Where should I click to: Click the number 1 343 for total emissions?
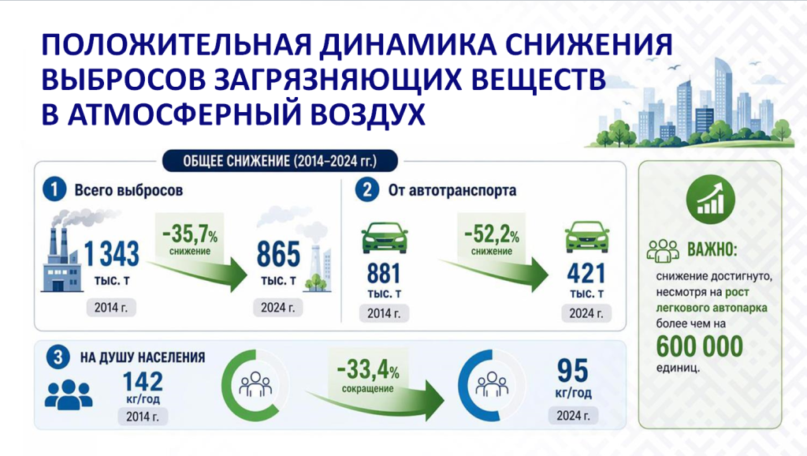pyautogui.click(x=111, y=254)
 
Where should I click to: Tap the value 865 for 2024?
pyautogui.click(x=278, y=254)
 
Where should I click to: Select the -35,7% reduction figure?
pyautogui.click(x=189, y=234)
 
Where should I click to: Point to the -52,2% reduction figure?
pyautogui.click(x=492, y=234)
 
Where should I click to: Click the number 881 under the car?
pyautogui.click(x=384, y=274)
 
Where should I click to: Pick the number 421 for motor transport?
pyautogui.click(x=586, y=274)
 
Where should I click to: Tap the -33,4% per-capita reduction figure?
pyautogui.click(x=367, y=369)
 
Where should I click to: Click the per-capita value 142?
pyautogui.click(x=143, y=382)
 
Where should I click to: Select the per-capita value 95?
pyautogui.click(x=572, y=371)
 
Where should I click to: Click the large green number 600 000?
pyautogui.click(x=700, y=346)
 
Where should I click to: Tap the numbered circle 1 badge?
pyautogui.click(x=54, y=189)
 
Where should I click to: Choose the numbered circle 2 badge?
pyautogui.click(x=367, y=189)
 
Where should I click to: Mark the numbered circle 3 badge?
pyautogui.click(x=58, y=357)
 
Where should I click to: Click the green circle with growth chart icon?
pyautogui.click(x=710, y=200)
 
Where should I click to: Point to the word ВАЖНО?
pyautogui.click(x=712, y=250)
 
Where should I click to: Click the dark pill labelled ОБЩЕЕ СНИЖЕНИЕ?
pyautogui.click(x=280, y=161)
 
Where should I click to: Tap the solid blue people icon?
pyautogui.click(x=69, y=394)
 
